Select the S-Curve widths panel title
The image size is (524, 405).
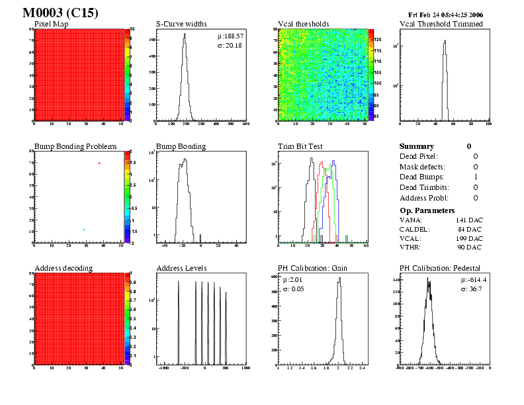coord(181,24)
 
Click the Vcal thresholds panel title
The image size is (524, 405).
coord(304,24)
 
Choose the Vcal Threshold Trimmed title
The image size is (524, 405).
coord(441,24)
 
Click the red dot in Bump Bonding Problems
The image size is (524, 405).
coord(99,163)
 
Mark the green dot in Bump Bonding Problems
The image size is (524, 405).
coord(83,229)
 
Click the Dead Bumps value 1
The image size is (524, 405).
coord(476,177)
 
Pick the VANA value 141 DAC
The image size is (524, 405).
coord(469,219)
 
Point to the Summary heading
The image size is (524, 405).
coord(417,146)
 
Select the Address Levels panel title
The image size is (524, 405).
coord(181,268)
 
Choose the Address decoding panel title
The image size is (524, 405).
coord(64,268)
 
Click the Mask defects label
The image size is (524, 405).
coord(421,167)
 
